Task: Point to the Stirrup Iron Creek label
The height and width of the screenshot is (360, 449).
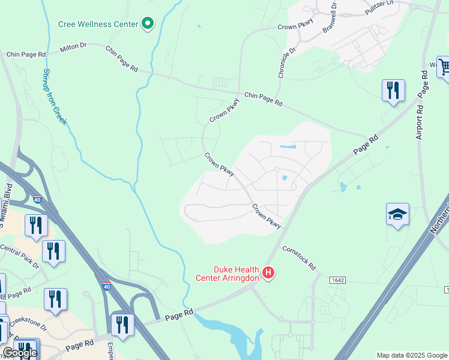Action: pyautogui.click(x=55, y=97)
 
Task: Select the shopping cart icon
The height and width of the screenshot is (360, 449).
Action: pyautogui.click(x=444, y=67)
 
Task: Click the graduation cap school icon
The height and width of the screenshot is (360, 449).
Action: pyautogui.click(x=397, y=215)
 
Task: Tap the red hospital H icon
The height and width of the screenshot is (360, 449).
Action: pyautogui.click(x=269, y=274)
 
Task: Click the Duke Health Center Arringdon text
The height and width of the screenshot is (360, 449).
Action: pyautogui.click(x=229, y=274)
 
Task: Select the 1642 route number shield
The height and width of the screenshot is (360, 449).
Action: pyautogui.click(x=338, y=280)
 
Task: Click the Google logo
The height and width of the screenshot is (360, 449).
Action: pyautogui.click(x=20, y=353)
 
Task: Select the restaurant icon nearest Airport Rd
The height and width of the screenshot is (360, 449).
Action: pyautogui.click(x=393, y=91)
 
